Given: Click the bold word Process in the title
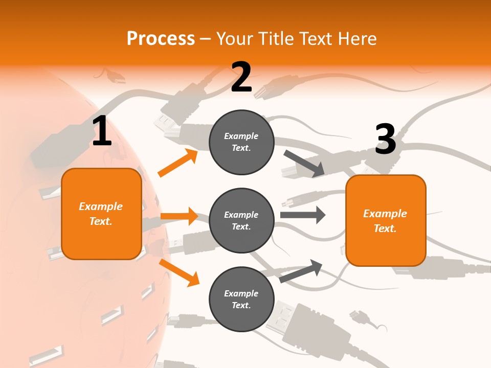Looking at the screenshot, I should click(x=161, y=38).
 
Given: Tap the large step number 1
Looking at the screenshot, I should click(x=102, y=131).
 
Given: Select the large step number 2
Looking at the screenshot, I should click(x=241, y=77).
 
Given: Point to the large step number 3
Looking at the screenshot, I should click(x=385, y=140).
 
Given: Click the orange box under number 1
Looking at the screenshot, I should click(x=101, y=214).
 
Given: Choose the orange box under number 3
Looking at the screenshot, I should click(x=386, y=220).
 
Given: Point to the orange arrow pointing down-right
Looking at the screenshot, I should click(x=179, y=272).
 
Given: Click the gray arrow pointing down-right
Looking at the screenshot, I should click(x=304, y=163).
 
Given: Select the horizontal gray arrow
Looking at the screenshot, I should click(x=302, y=215).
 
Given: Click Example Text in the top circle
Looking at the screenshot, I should click(x=241, y=142).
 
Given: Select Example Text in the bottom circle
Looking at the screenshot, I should click(x=241, y=299).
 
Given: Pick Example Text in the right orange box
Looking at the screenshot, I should click(x=385, y=221).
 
